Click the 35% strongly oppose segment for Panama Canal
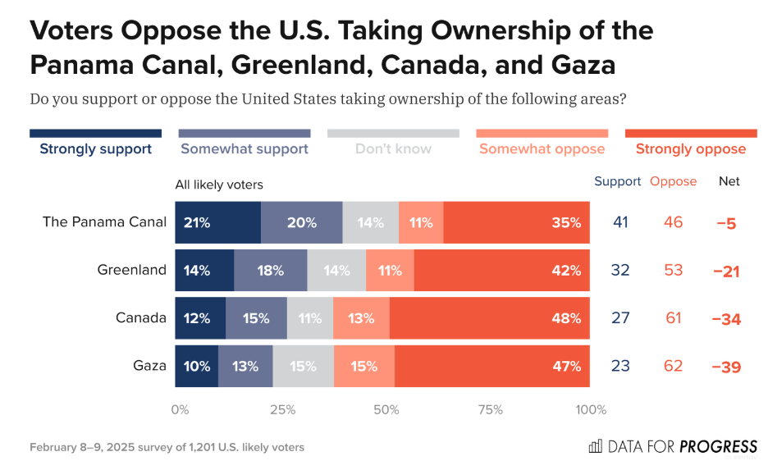pyautogui.click(x=516, y=222)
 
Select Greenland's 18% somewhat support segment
pyautogui.click(x=271, y=270)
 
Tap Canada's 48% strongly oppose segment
pyautogui.click(x=489, y=318)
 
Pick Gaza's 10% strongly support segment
pyautogui.click(x=196, y=366)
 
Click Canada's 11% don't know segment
pyautogui.click(x=310, y=318)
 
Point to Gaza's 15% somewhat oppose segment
pyautogui.click(x=364, y=366)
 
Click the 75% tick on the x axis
pyautogui.click(x=491, y=410)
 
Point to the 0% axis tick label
pyautogui.click(x=180, y=410)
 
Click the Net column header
pyautogui.click(x=729, y=181)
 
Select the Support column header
pyautogui.click(x=617, y=181)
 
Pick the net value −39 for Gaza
pyautogui.click(x=726, y=367)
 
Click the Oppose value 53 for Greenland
pyautogui.click(x=674, y=270)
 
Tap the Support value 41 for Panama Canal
pyautogui.click(x=620, y=221)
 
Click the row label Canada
pyautogui.click(x=141, y=317)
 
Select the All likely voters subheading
pyautogui.click(x=219, y=185)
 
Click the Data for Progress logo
pyautogui.click(x=673, y=446)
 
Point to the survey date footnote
pyautogui.click(x=167, y=447)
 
